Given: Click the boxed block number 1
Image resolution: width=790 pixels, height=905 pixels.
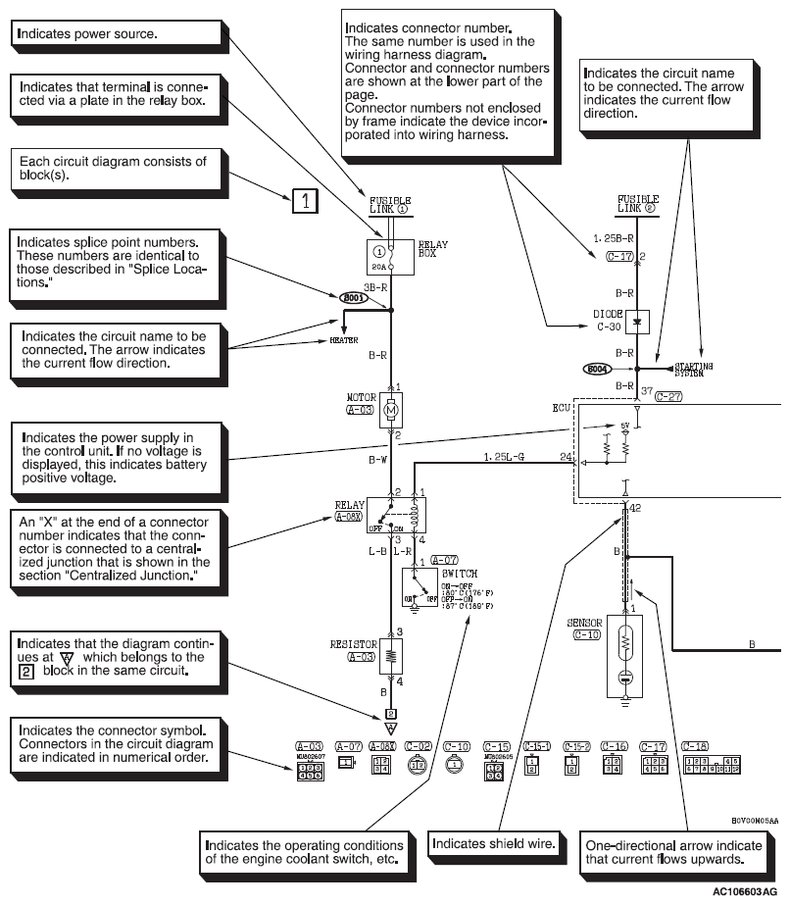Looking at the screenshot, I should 306,202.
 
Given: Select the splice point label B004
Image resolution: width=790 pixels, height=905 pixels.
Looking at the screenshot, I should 597,370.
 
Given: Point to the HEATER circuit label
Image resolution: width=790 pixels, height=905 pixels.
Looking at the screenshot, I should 342,341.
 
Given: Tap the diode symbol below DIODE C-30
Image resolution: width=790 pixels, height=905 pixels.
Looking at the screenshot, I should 637,321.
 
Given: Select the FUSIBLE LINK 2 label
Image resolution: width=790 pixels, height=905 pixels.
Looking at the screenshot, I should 637,203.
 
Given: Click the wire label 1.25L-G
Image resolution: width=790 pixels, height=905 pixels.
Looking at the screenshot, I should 503,456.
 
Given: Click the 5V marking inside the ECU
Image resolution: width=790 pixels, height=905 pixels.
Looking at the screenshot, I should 624,424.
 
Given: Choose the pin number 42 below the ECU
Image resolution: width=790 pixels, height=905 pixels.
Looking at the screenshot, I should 637,509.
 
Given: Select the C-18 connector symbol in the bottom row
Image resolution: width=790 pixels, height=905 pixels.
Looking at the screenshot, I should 712,763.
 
